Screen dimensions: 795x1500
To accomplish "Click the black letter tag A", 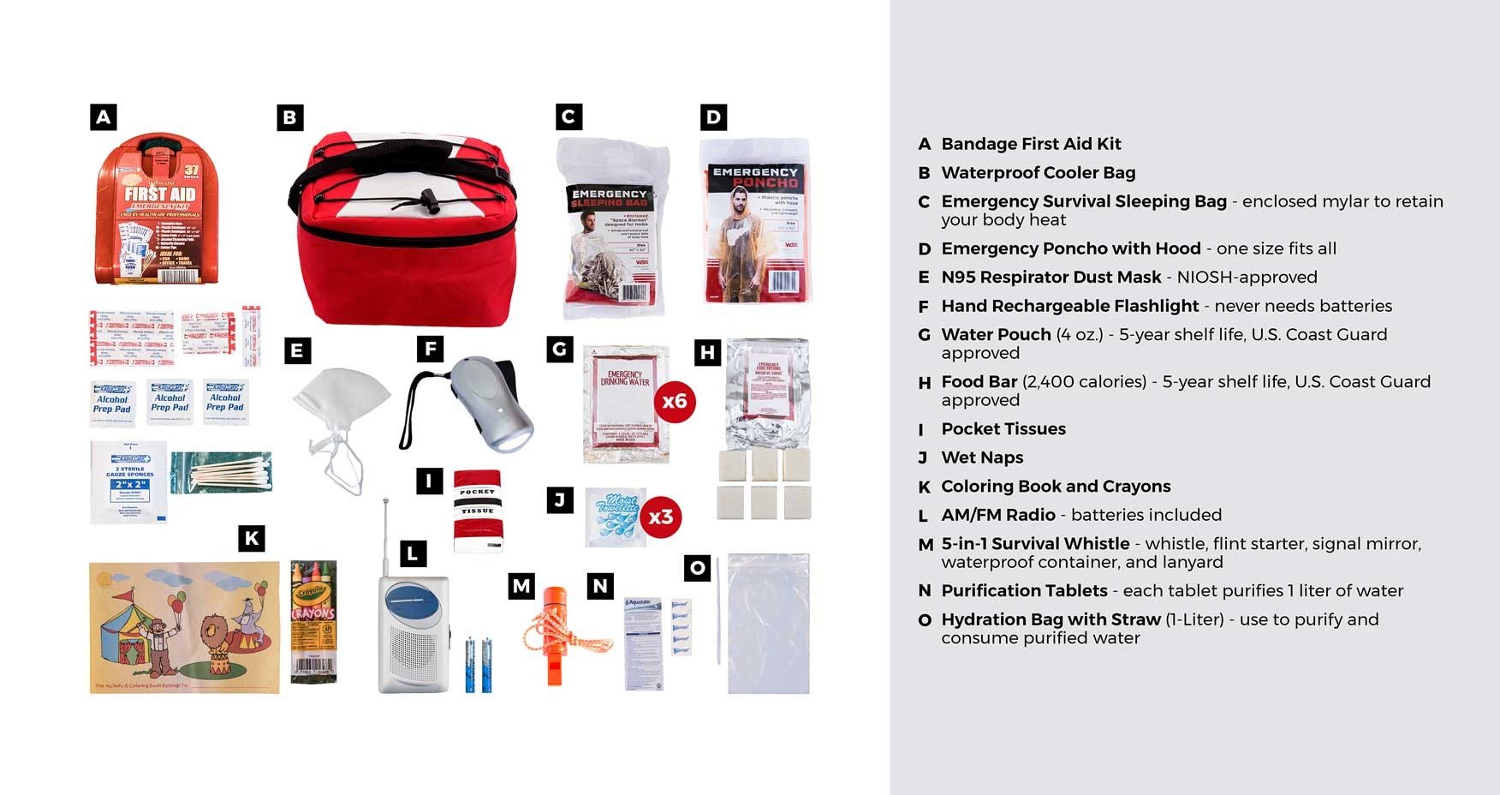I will point(104,117).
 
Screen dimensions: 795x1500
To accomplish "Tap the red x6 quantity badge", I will point(675,401).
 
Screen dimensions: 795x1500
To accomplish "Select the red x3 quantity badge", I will point(661,517).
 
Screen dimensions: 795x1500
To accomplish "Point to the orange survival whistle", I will point(555,634).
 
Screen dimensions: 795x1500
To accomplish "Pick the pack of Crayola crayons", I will point(313,621).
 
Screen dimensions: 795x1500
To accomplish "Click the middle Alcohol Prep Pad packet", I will point(170,402).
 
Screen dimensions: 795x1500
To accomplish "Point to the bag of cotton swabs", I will point(222,472).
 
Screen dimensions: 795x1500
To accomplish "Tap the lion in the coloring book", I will point(213,638).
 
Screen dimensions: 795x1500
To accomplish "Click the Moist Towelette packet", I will point(615,517).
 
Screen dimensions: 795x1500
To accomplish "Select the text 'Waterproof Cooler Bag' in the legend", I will point(1038,173).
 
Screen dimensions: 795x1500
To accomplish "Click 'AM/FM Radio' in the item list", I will point(998,515).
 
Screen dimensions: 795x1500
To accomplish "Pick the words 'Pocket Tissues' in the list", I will point(1003,429).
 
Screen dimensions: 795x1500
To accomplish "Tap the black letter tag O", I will point(698,567).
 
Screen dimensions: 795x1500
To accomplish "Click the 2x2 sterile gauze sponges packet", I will point(128,482).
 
